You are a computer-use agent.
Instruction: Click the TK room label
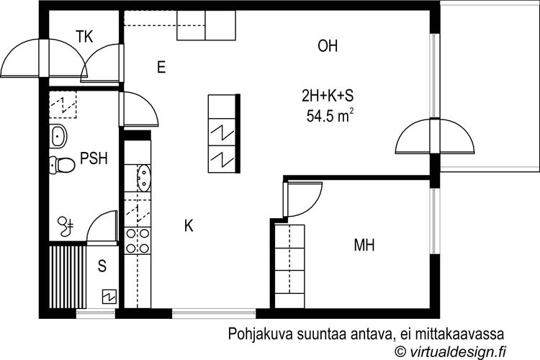[84, 37]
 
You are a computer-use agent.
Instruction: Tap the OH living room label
[328, 46]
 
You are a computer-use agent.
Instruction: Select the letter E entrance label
[161, 67]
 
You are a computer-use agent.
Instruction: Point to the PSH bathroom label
[94, 158]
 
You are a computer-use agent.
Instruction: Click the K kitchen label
[189, 226]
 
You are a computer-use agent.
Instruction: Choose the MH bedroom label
[364, 246]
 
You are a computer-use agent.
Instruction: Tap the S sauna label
[102, 266]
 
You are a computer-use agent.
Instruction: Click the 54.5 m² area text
[330, 116]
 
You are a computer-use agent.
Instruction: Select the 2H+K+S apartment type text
[328, 96]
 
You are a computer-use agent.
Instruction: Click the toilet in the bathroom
[62, 165]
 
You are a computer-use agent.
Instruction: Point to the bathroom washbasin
[58, 136]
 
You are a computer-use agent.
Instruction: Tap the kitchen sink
[143, 178]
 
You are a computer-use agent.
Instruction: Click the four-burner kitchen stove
[138, 240]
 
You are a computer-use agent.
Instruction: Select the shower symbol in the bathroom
[66, 226]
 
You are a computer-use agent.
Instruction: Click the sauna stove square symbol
[109, 296]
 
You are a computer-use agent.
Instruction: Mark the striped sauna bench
[68, 276]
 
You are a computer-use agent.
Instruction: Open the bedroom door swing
[303, 199]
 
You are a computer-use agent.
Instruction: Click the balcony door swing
[435, 136]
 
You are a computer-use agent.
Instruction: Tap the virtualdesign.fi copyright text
[451, 351]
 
